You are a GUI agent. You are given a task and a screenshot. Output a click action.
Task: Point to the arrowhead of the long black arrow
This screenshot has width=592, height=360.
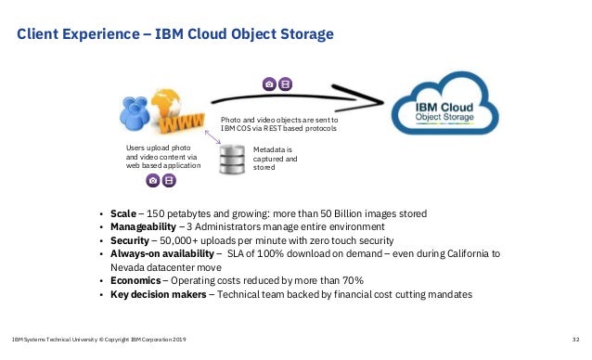[x=376, y=96]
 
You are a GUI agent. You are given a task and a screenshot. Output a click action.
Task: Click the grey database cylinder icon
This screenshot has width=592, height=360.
[x=231, y=159]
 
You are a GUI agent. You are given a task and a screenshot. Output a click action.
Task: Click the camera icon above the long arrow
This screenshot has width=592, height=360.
[x=269, y=83]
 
